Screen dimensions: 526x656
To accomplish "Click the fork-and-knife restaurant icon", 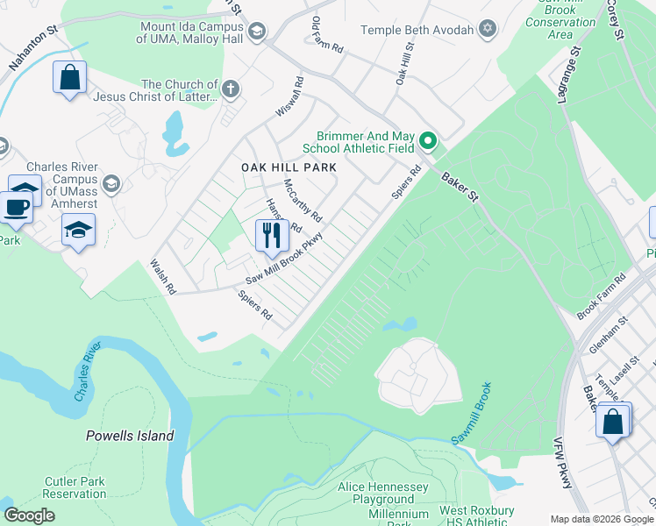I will [272, 234].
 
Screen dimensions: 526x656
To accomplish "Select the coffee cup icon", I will [15, 207].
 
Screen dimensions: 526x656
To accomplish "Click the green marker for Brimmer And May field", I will [428, 140].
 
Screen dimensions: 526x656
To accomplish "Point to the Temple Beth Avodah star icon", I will [487, 31].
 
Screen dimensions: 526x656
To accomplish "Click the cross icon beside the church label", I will [230, 89].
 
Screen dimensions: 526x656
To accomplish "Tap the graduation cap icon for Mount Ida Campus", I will [256, 32].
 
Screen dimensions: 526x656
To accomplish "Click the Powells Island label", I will [130, 436].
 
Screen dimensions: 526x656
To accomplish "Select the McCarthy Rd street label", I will [303, 201].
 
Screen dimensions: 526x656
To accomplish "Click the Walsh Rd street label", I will [163, 276].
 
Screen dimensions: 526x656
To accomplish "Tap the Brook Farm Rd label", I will [601, 296].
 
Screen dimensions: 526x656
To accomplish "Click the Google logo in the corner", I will [29, 515].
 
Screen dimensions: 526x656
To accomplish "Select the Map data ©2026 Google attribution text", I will [601, 518].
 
